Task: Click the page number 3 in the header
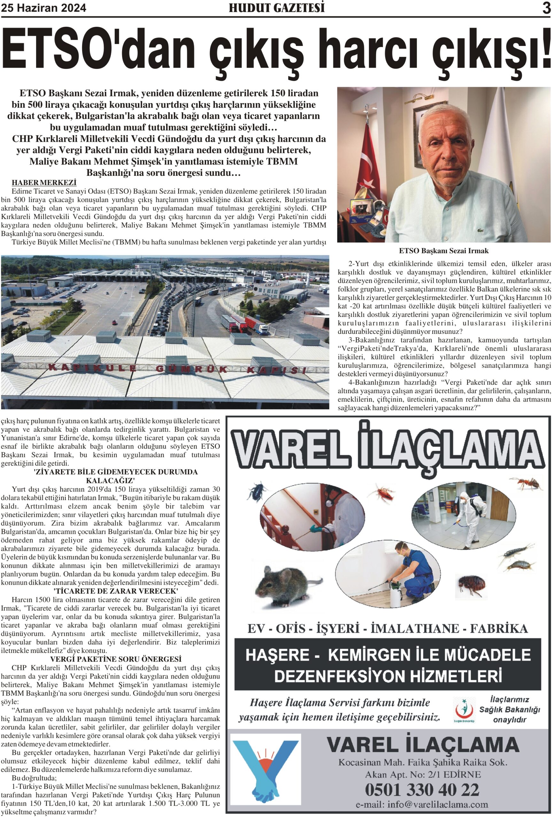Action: tap(546, 8)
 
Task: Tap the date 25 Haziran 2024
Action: tap(44, 8)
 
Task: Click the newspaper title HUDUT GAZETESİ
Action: tap(277, 8)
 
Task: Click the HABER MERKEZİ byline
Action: tap(44, 183)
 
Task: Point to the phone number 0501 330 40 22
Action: tap(422, 790)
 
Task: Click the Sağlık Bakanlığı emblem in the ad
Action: tap(464, 709)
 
